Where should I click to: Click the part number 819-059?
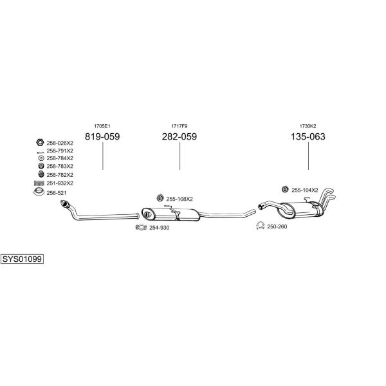pyautogui.click(x=102, y=136)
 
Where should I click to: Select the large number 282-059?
pyautogui.click(x=179, y=136)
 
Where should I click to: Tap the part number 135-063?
pyautogui.click(x=308, y=136)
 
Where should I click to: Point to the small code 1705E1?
pyautogui.click(x=102, y=126)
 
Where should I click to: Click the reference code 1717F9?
pyautogui.click(x=179, y=126)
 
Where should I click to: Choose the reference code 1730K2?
pyautogui.click(x=308, y=126)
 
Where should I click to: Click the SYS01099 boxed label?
pyautogui.click(x=22, y=259)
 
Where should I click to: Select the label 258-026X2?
pyautogui.click(x=60, y=143)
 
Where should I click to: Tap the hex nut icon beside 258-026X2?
pyautogui.click(x=40, y=142)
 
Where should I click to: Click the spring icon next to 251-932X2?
pyautogui.click(x=39, y=183)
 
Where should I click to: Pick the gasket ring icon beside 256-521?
pyautogui.click(x=39, y=192)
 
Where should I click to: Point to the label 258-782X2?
pyautogui.click(x=60, y=175)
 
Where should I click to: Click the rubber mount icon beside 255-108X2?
pyautogui.click(x=160, y=198)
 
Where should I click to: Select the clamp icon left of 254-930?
pyautogui.click(x=141, y=228)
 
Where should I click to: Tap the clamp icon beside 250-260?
pyautogui.click(x=260, y=226)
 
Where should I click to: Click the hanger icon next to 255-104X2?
pyautogui.click(x=285, y=189)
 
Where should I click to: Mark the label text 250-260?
pyautogui.click(x=277, y=226)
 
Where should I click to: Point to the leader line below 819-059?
pyautogui.click(x=103, y=156)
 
